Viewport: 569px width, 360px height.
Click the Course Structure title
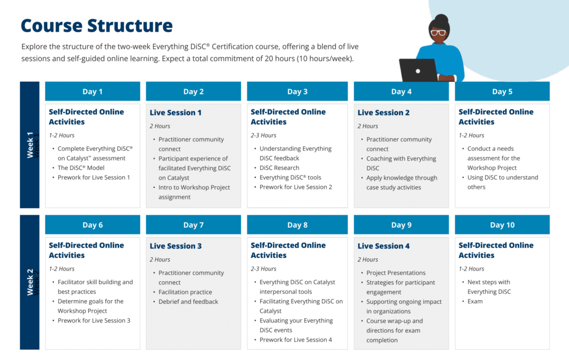tap(97, 26)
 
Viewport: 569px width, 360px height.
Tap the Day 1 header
tap(93, 92)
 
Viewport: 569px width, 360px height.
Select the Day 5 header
tap(502, 92)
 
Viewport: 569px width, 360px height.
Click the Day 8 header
tap(297, 225)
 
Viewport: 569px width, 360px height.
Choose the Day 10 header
tap(502, 225)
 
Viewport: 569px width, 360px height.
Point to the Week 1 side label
tap(30, 145)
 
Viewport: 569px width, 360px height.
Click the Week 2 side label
tap(30, 282)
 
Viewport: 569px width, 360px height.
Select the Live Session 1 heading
tap(176, 113)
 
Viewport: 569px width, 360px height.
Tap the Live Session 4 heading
tap(383, 246)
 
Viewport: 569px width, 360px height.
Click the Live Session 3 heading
tap(176, 246)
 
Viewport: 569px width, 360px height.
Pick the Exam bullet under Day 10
tap(475, 302)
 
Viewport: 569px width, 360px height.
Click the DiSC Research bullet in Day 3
tap(279, 168)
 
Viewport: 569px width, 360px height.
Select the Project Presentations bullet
tap(396, 273)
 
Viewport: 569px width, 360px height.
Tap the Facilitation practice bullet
tap(185, 292)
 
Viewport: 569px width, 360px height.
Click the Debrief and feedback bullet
tap(188, 302)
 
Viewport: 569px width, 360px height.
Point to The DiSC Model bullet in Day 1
tap(81, 168)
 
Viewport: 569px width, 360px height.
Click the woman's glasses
tap(438, 33)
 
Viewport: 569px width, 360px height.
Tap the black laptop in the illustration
tap(418, 70)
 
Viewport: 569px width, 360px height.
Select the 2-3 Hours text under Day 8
tap(263, 269)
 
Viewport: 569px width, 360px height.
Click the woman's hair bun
tap(442, 19)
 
